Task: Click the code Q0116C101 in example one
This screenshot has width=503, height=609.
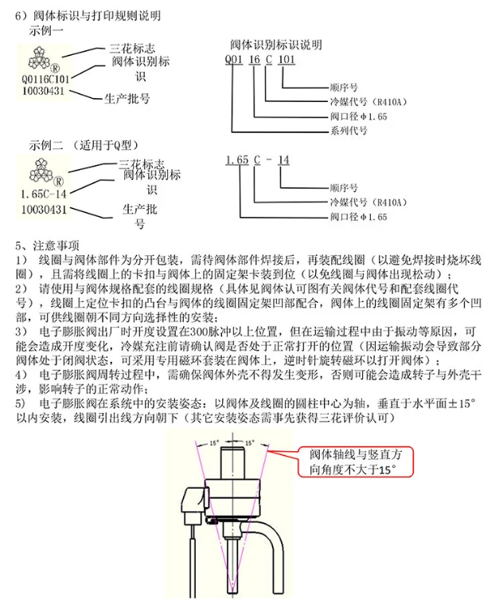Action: click(45, 80)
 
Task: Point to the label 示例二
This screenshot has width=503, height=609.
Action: click(46, 146)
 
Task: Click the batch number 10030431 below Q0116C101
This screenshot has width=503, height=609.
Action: click(45, 92)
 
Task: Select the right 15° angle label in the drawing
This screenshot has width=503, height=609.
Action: click(249, 442)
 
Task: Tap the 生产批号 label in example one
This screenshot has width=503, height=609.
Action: click(127, 99)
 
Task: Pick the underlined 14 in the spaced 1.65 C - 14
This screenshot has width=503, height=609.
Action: click(284, 160)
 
